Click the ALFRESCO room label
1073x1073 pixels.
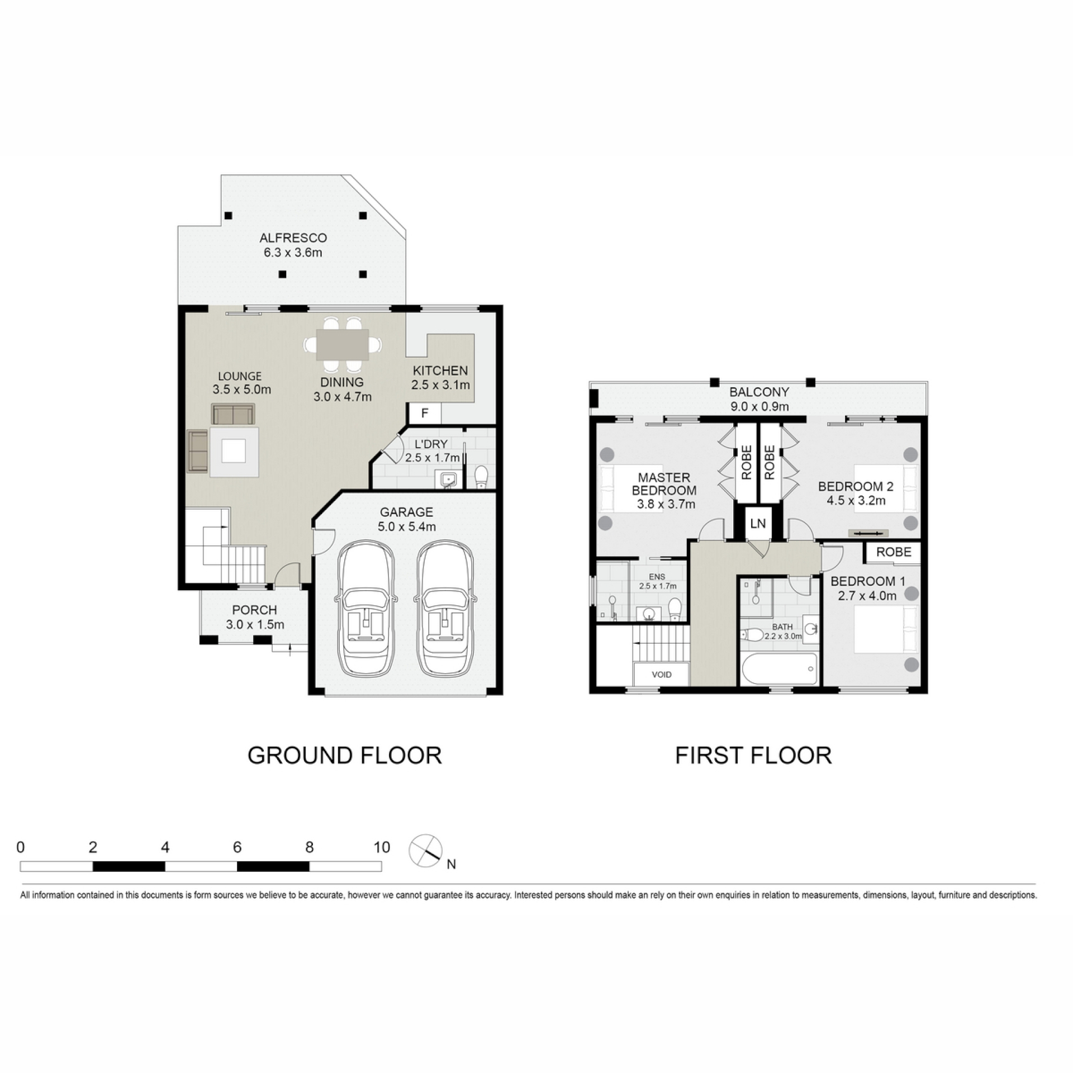[x=293, y=238]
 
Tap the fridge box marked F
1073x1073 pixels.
[x=425, y=414]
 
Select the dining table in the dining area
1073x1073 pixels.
[x=343, y=345]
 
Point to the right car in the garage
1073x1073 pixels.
[x=445, y=607]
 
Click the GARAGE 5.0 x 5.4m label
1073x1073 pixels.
[x=406, y=519]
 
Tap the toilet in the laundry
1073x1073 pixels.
[x=481, y=477]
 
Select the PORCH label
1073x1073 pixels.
[x=254, y=610]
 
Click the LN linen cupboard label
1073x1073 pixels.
[x=758, y=524]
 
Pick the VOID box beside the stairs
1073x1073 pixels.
[x=662, y=675]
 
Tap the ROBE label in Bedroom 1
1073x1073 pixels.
[x=894, y=552]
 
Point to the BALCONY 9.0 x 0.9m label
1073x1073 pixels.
[x=759, y=399]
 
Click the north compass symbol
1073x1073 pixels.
[x=426, y=851]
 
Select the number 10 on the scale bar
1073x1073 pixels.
[x=382, y=847]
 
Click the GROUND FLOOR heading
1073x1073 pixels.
[x=345, y=756]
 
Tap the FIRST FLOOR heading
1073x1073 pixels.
[x=753, y=756]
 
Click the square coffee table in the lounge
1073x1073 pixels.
[x=234, y=452]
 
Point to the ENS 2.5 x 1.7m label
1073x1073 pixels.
[x=658, y=581]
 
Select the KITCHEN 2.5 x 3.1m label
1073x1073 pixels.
[x=440, y=378]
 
